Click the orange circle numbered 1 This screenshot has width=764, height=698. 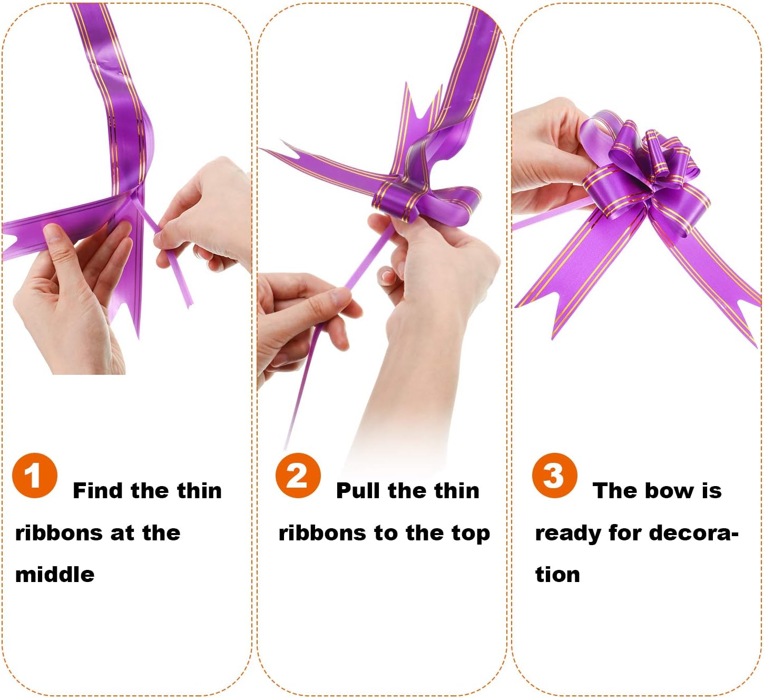35,476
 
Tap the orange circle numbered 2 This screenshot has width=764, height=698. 298,476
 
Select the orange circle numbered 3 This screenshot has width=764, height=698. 554,476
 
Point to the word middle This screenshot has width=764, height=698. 55,575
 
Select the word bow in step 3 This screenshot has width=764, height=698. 670,491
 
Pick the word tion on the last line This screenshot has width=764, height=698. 557,575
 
